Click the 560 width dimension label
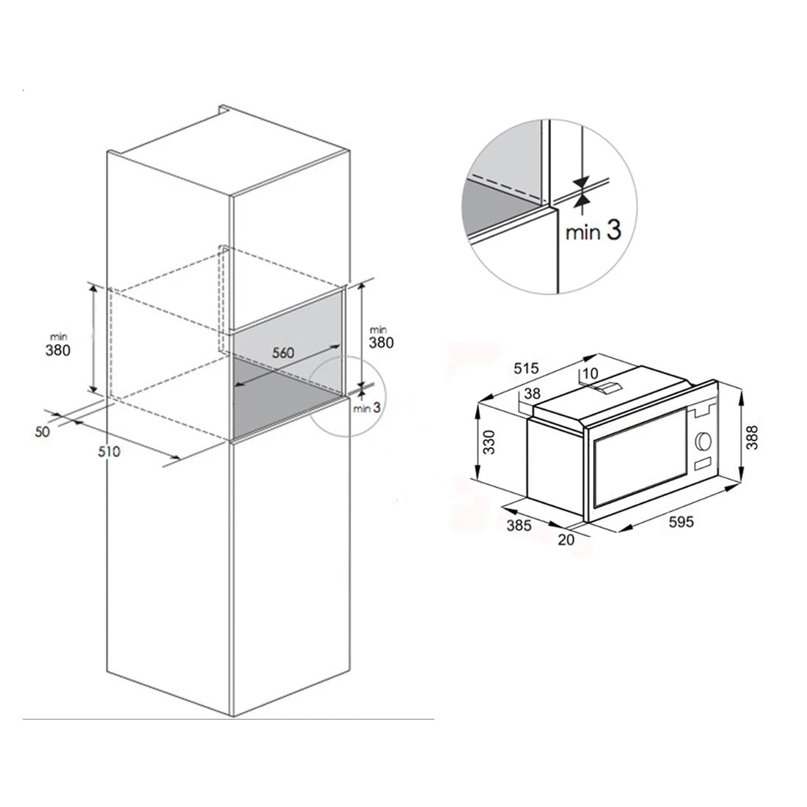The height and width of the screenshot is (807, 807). click(283, 353)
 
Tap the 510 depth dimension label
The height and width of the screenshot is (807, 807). click(109, 451)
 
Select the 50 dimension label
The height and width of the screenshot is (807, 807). click(43, 431)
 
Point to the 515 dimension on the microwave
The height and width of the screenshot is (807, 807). click(525, 368)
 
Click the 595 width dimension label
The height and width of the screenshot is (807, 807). click(681, 522)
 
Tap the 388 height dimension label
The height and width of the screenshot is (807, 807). click(752, 437)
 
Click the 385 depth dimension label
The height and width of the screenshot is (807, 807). click(519, 525)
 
